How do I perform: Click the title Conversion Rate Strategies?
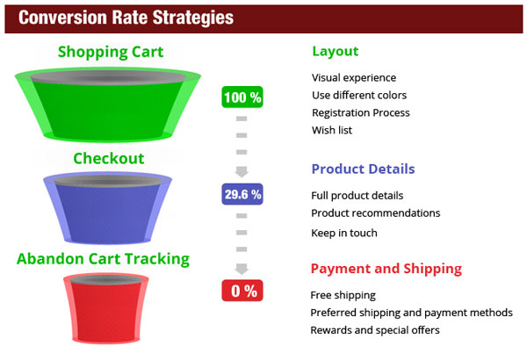tap(126, 18)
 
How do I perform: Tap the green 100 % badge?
tap(242, 97)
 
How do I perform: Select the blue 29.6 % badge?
tap(242, 194)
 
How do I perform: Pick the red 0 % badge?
tap(242, 291)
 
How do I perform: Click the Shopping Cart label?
tap(111, 52)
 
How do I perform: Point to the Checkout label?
tap(109, 158)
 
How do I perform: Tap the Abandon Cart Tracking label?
tap(103, 259)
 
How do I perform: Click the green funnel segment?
tap(108, 104)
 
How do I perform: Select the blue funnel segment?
tap(107, 208)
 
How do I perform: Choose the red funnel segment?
tap(106, 308)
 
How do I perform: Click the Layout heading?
tap(336, 52)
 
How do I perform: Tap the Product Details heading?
tap(363, 169)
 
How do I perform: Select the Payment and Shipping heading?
tap(386, 269)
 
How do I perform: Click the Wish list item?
tap(332, 130)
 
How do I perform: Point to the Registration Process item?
tap(361, 113)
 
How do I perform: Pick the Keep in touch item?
tap(344, 233)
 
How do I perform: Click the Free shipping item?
tap(343, 295)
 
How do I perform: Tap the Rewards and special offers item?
tap(375, 330)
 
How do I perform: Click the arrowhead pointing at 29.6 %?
tap(242, 172)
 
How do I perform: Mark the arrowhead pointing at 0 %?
tap(242, 269)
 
